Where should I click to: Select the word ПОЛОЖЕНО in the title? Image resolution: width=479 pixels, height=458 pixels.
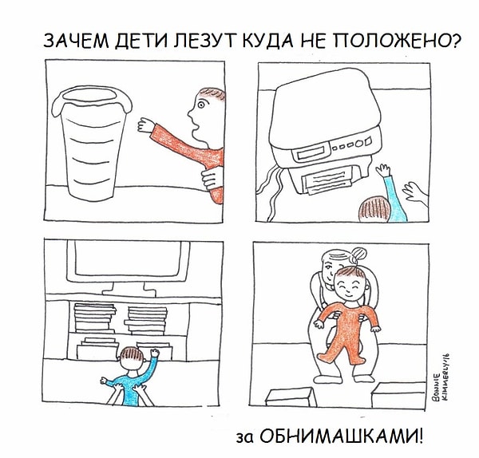click(389, 41)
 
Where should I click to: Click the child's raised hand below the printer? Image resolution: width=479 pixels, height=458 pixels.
click(385, 172)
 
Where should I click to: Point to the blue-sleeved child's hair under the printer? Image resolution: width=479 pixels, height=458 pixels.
click(374, 208)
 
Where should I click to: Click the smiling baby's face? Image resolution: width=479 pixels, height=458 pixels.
click(347, 281)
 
